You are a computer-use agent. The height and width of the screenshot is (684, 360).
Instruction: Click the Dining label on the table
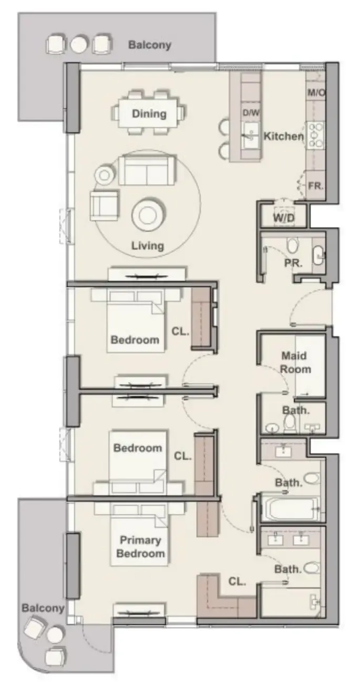[149, 113]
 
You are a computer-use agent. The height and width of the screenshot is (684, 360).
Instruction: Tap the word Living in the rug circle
[148, 245]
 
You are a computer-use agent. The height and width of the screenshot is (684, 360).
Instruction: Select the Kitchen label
[283, 137]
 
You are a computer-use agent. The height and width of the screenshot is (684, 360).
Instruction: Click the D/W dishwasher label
[249, 113]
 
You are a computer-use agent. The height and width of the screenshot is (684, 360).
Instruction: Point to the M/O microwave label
[316, 93]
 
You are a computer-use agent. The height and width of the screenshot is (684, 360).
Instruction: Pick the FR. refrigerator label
[315, 186]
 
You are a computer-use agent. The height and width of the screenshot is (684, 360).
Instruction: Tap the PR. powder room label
[293, 264]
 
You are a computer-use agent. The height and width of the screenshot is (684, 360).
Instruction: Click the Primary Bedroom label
[140, 546]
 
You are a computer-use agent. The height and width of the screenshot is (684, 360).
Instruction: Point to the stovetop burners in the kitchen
[316, 135]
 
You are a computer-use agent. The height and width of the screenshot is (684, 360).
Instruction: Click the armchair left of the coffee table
[105, 205]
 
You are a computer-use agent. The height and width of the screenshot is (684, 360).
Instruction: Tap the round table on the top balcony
[79, 44]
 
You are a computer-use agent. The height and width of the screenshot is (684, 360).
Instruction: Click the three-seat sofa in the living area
[146, 169]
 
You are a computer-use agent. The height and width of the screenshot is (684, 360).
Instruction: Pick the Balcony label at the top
[150, 45]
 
